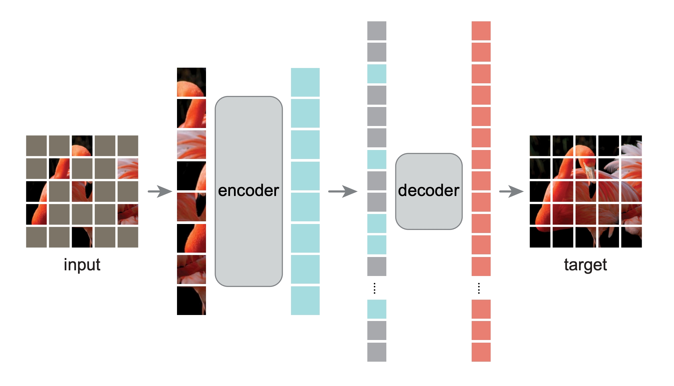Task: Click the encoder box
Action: pos(249,191)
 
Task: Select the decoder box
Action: pos(429,191)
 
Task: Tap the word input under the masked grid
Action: pos(82,265)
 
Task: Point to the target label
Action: pos(585,265)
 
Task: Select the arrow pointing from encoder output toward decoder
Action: pos(343,191)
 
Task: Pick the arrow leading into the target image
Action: pos(511,191)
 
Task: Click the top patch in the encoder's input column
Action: pos(191,82)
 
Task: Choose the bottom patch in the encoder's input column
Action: pos(191,301)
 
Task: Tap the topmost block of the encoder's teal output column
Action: pos(305,82)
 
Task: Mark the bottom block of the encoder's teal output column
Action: pos(305,301)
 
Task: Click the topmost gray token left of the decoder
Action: pos(377,31)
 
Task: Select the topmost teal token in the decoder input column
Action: pos(377,74)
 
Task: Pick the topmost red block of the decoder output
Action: pos(481,31)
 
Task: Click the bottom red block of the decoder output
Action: pos(481,352)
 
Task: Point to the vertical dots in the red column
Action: pos(479,288)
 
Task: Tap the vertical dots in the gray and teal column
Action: pos(375,288)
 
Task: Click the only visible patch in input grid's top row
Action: pos(82,146)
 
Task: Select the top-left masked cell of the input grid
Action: pos(36,146)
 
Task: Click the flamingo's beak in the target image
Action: pos(590,173)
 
